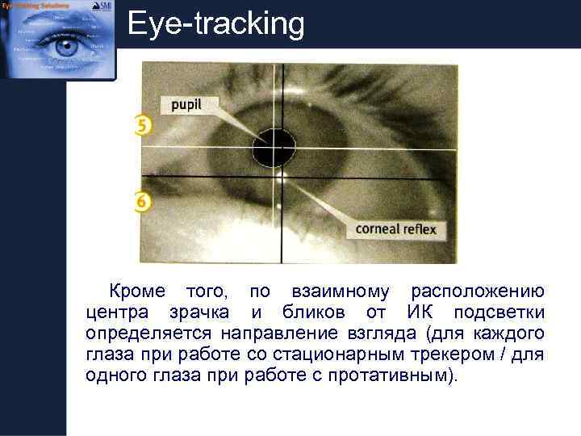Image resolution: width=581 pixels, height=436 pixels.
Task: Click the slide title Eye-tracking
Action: point(216,25)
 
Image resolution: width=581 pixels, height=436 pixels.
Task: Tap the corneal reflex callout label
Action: point(395,228)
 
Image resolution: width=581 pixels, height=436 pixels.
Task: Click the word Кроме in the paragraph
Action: point(136,291)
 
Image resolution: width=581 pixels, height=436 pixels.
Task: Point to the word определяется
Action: point(148,333)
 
